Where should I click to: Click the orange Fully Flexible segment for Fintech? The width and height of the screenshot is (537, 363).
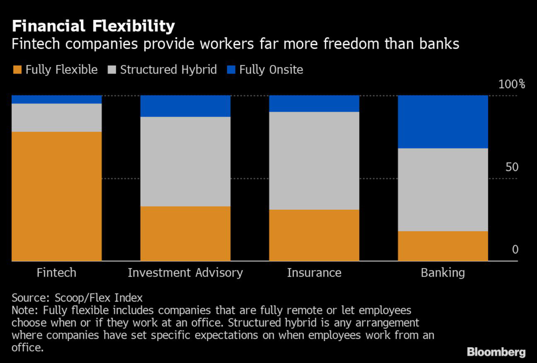click(56, 196)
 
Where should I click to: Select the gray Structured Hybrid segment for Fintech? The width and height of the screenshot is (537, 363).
click(56, 118)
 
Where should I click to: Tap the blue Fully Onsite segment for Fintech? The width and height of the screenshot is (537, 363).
click(56, 100)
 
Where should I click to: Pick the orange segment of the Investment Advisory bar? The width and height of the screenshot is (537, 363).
click(185, 233)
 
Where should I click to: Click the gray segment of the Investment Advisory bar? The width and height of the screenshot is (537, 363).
click(185, 162)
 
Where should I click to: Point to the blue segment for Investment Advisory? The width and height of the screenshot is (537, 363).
click(185, 106)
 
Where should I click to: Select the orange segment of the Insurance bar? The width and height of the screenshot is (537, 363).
click(314, 235)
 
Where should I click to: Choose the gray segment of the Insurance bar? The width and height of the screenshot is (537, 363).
click(314, 161)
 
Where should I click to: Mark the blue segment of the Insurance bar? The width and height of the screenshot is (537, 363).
click(314, 104)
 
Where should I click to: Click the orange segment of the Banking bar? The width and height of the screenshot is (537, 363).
click(443, 246)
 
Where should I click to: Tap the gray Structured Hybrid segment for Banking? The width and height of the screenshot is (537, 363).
click(443, 190)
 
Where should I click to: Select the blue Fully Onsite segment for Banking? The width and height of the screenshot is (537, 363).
click(443, 122)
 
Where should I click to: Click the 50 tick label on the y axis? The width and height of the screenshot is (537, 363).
click(511, 167)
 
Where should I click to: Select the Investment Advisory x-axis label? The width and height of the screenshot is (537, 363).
click(185, 273)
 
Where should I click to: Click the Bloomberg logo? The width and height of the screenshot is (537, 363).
click(496, 351)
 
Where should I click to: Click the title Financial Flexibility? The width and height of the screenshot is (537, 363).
click(93, 26)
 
